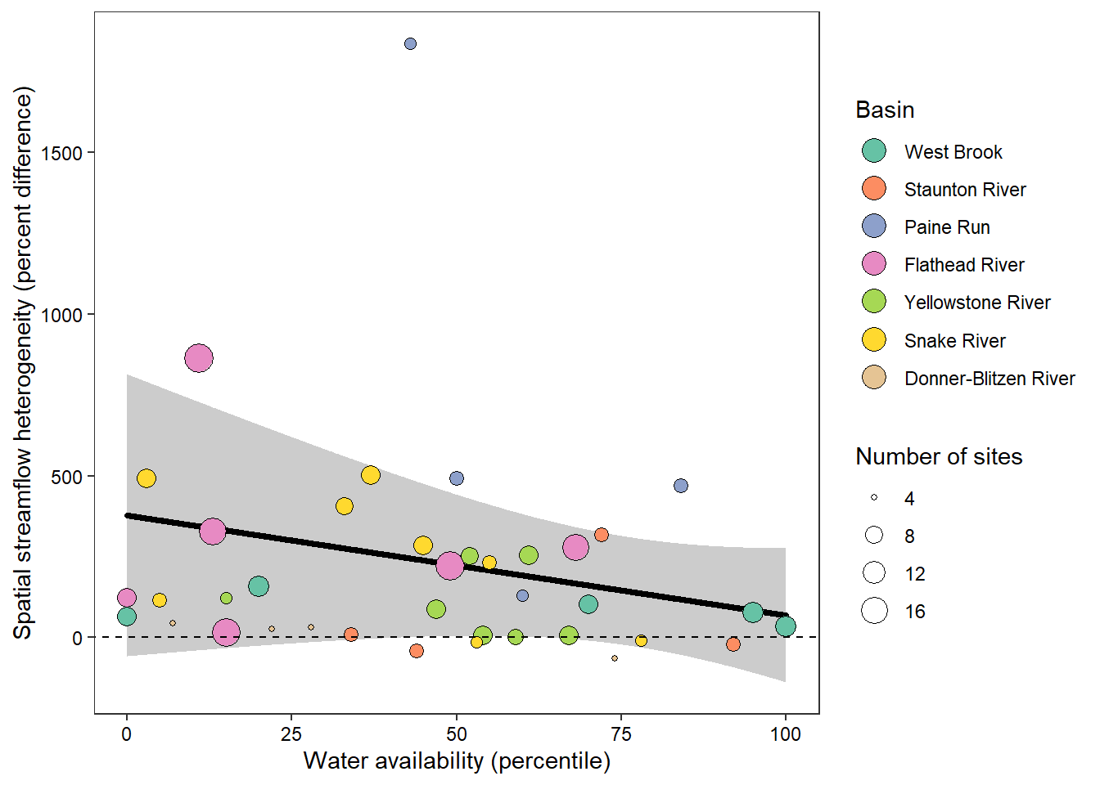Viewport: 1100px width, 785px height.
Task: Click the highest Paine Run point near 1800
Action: [410, 44]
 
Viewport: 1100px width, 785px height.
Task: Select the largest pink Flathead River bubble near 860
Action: [199, 358]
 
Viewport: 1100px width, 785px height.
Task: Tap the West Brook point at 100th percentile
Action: [786, 626]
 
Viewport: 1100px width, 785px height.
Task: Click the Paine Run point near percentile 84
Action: [681, 486]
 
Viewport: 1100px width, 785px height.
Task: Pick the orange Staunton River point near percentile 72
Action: [602, 535]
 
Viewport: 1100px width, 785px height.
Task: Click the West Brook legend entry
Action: [953, 152]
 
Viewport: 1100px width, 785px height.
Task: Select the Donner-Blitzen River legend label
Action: [990, 379]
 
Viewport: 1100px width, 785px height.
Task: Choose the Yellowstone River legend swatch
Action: [874, 302]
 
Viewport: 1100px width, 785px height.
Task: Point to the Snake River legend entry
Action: [954, 341]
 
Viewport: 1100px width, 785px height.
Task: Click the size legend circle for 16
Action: [874, 611]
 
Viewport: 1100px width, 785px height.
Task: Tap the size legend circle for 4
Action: [874, 497]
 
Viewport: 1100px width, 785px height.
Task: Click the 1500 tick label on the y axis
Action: [66, 153]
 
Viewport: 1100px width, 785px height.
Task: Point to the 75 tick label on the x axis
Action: [621, 734]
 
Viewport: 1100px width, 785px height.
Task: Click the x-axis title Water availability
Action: [457, 761]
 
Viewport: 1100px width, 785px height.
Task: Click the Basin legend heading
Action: [885, 110]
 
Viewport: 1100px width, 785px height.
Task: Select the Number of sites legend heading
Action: [939, 456]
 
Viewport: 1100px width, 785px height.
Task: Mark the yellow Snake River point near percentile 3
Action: [147, 478]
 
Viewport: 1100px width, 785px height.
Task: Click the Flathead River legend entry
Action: [963, 265]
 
